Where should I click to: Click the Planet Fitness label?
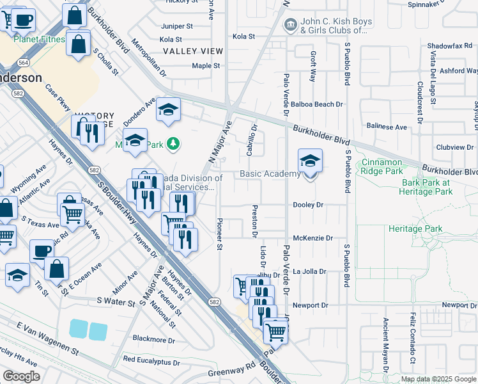40,39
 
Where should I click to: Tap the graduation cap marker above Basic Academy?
310,161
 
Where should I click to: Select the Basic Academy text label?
270,174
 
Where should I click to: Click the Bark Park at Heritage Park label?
435,187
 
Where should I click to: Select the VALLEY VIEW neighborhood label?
192,51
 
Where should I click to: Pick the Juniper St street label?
177,26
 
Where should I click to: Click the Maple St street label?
206,65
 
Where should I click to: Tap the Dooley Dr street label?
308,205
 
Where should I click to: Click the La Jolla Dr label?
309,271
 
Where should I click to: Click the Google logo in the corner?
21,376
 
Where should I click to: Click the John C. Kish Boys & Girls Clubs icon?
291,25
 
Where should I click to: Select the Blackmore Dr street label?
153,339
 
